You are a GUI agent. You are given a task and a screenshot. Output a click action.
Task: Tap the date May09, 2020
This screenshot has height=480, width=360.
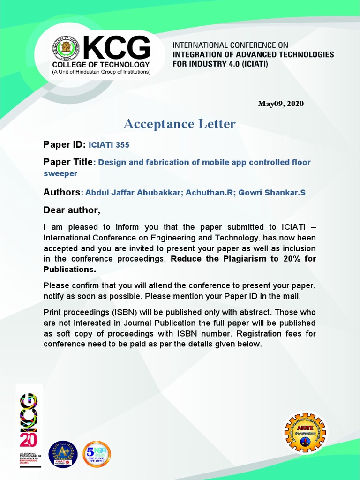pyautogui.click(x=280, y=104)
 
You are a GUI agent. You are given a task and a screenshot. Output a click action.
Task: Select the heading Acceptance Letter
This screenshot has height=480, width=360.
pyautogui.click(x=180, y=124)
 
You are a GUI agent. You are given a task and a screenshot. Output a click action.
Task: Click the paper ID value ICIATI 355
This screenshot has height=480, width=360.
pyautogui.click(x=109, y=145)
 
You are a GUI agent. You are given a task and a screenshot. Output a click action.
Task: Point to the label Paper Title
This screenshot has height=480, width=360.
pyautogui.click(x=68, y=162)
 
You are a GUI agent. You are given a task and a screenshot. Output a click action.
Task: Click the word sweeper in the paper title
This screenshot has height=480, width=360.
pyautogui.click(x=60, y=173)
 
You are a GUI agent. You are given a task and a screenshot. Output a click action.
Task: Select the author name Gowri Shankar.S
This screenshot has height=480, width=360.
pyautogui.click(x=272, y=193)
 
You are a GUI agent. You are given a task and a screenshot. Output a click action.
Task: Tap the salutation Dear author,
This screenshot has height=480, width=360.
pyautogui.click(x=72, y=209)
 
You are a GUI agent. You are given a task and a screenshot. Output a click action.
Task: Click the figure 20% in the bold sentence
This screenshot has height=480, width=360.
pyautogui.click(x=277, y=259)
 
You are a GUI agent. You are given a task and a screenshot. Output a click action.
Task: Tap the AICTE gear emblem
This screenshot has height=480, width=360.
pyautogui.click(x=306, y=432)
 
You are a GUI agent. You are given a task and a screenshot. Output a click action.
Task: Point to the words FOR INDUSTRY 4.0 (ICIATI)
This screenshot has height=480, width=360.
pyautogui.click(x=220, y=63)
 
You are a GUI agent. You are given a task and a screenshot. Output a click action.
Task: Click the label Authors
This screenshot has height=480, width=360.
pyautogui.click(x=62, y=192)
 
